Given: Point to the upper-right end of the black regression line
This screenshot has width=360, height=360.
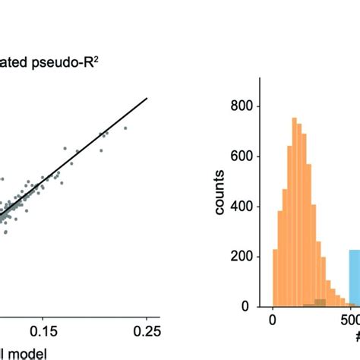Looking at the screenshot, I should pos(146,98).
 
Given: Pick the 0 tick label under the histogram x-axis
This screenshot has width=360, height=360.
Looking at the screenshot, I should pos(273,321).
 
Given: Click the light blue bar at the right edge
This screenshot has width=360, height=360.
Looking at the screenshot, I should pos(354,278).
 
